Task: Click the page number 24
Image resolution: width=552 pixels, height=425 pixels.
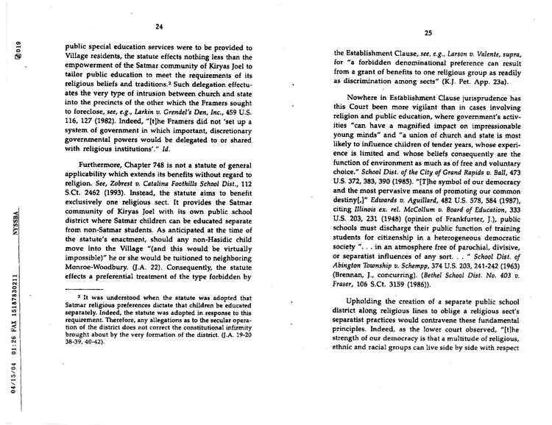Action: click(158, 27)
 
